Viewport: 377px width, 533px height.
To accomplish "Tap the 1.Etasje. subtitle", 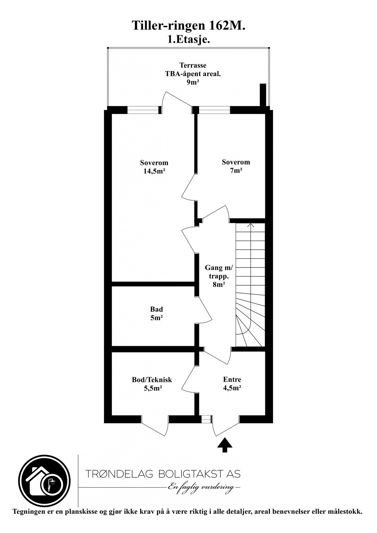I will pos(189,39).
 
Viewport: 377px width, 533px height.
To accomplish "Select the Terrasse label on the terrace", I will pos(193,65).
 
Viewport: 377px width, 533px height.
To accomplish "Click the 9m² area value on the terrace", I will pos(192,82).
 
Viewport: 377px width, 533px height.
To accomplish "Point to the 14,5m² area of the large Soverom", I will pos(154,171).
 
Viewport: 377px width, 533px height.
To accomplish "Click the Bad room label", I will pos(157,309).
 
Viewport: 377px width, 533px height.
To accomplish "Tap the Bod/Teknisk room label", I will pos(152,380).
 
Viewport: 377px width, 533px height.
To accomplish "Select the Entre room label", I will pos(232,379).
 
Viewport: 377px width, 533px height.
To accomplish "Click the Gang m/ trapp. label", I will pos(219,272).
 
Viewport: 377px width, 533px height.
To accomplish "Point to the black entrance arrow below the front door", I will pos(225,445).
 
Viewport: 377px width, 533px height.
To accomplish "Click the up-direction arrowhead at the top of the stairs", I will pos(251,225).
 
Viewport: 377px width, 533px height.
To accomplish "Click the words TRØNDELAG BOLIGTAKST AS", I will pos(163,474).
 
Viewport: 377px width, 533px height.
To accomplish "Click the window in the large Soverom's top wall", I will pos(143,110).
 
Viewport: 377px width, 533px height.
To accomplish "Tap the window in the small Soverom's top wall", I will pos(214,110).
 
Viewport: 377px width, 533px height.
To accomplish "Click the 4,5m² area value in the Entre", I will pos(232,388).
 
